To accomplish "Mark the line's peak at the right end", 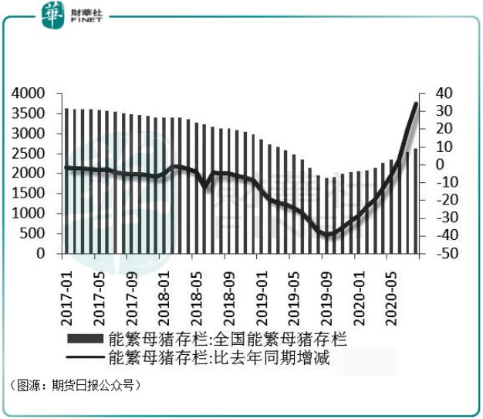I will pyautogui.click(x=417, y=104).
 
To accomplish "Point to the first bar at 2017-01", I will pyautogui.click(x=67, y=181).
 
